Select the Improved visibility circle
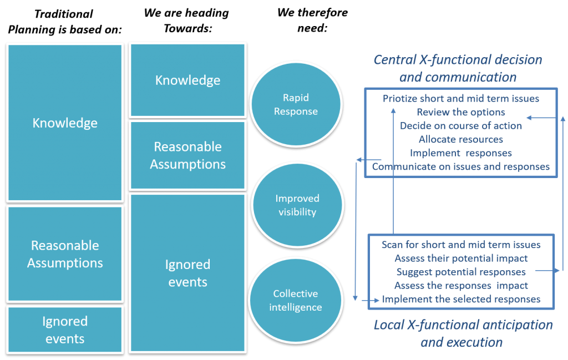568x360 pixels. [297, 205]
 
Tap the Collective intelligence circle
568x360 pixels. [295, 300]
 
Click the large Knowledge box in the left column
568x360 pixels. [65, 123]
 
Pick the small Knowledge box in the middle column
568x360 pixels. [187, 80]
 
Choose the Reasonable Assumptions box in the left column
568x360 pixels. [65, 253]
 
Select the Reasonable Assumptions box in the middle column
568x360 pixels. [187, 155]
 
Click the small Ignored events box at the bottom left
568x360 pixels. [65, 329]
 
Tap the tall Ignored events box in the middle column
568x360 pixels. [187, 272]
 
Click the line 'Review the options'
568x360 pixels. [461, 112]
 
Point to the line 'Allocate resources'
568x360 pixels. [461, 139]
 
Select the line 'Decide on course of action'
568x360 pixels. [461, 125]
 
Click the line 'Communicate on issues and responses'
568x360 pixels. [461, 166]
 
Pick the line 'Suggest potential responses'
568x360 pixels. [461, 272]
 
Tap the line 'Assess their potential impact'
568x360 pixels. [461, 258]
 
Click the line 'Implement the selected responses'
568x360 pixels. [461, 299]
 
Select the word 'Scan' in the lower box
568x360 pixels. [392, 245]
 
